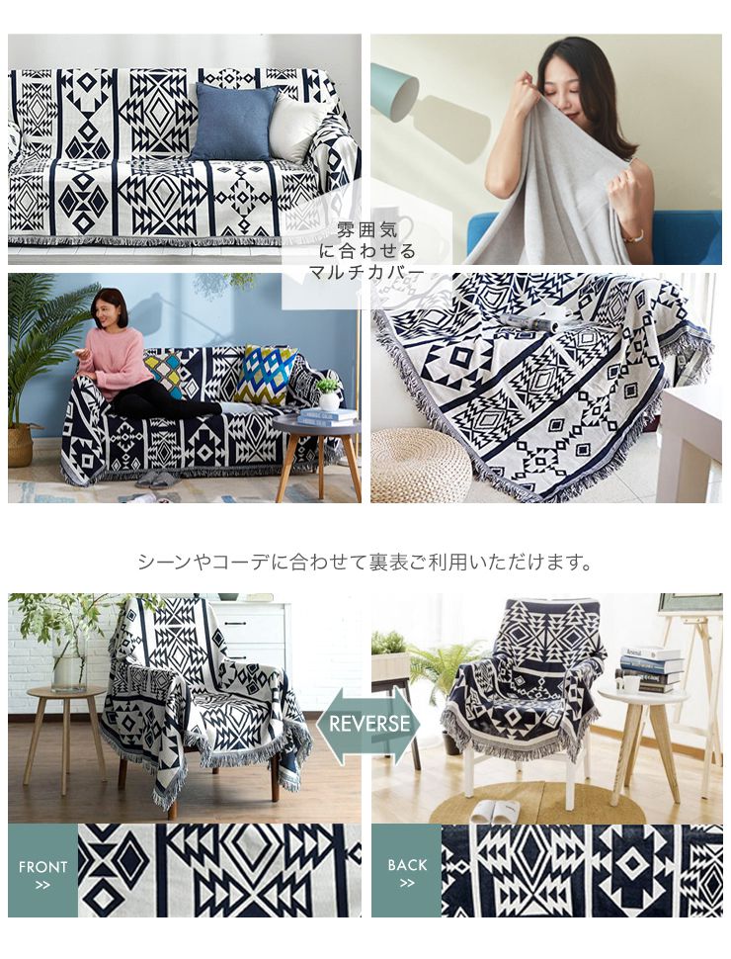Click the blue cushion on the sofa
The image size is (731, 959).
(x=234, y=121)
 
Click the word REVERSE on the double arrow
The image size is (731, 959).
(x=368, y=724)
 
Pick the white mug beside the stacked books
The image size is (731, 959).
(x=628, y=683)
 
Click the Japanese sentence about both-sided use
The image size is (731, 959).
(x=365, y=563)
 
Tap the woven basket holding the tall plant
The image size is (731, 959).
(x=21, y=445)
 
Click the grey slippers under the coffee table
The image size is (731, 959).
(x=157, y=479)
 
